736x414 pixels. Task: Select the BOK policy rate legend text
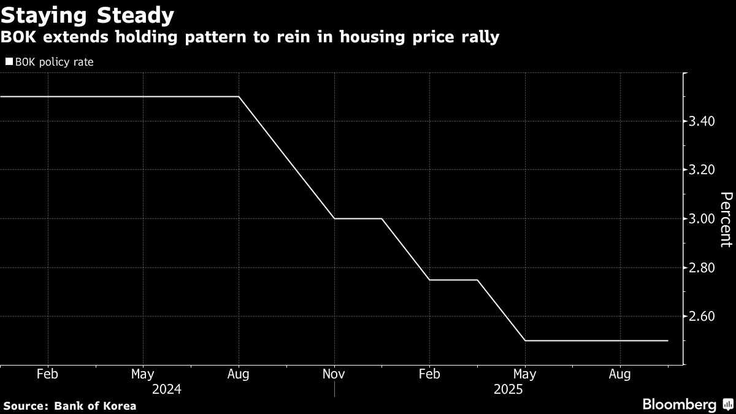tap(54, 62)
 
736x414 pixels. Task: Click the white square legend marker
tap(9, 62)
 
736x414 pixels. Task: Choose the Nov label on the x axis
tap(334, 374)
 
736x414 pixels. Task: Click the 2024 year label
tap(167, 389)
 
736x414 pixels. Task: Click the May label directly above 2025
tap(524, 374)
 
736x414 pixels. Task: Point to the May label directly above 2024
tap(142, 374)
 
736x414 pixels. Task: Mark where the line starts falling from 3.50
tap(239, 97)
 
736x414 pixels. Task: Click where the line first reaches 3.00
tap(334, 218)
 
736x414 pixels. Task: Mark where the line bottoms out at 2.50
tap(525, 340)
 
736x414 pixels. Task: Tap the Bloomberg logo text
tap(679, 405)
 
